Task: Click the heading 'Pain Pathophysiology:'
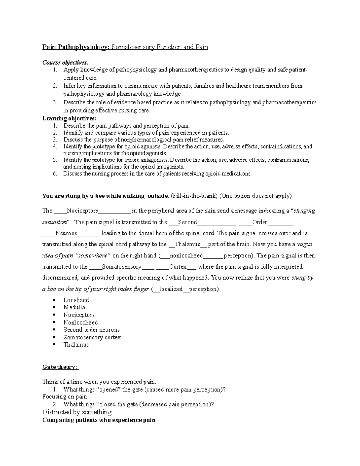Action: (76, 47)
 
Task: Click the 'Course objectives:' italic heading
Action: (65, 62)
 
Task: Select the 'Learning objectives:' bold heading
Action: (69, 118)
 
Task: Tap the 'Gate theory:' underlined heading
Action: (60, 367)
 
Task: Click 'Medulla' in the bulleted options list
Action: (74, 307)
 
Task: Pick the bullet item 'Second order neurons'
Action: (91, 329)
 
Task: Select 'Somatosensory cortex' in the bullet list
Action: (92, 337)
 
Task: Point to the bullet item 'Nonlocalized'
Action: (81, 322)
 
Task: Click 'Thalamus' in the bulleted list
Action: (76, 344)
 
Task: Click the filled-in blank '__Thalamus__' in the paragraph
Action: (187, 244)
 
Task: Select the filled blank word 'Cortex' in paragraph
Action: (178, 266)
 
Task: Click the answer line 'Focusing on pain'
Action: (64, 397)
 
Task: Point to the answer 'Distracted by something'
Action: (77, 412)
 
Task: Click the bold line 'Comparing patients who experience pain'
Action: (99, 420)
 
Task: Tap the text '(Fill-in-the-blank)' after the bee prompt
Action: (194, 196)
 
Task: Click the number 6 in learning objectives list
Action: (55, 173)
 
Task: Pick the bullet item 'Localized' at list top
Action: (76, 300)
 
